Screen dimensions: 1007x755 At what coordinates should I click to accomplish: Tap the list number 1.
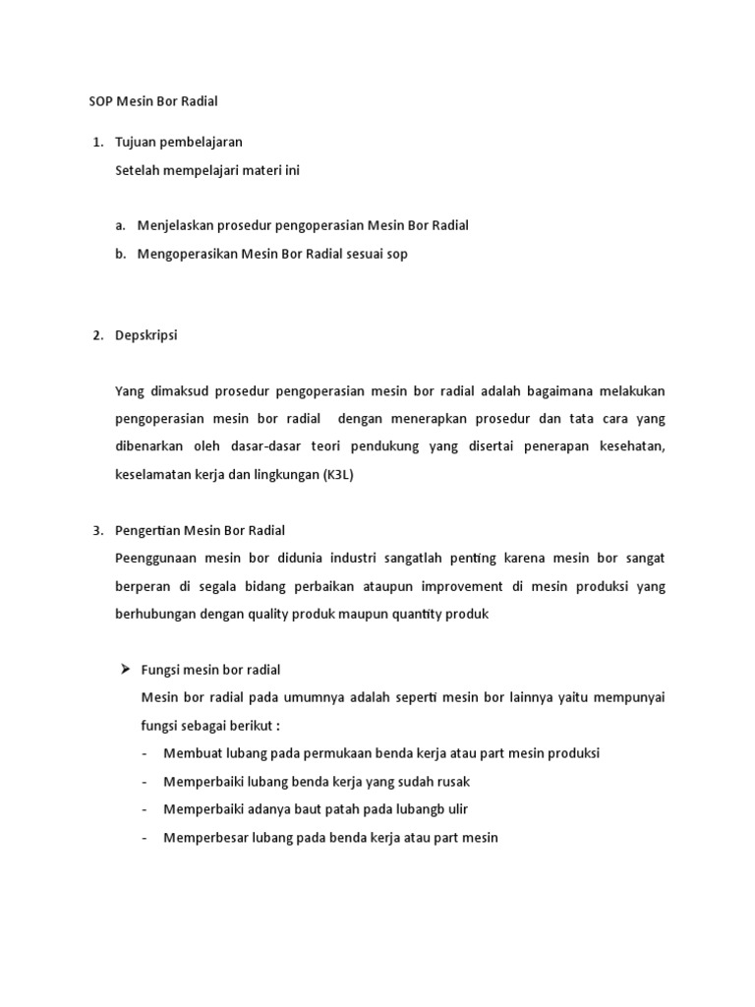96,143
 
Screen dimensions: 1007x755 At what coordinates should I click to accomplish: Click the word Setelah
138,170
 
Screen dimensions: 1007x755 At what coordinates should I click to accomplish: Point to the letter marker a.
120,225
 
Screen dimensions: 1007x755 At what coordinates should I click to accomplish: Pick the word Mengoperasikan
188,254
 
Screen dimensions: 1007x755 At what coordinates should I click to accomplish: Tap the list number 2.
96,335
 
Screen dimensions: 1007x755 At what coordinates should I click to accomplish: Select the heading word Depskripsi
146,335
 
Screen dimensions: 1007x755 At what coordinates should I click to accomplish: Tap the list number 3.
96,530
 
